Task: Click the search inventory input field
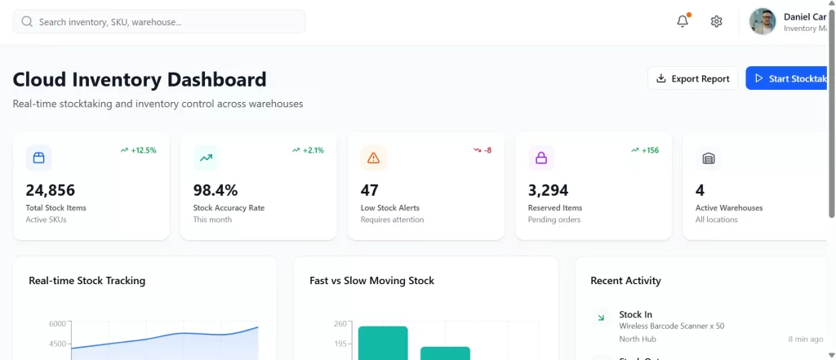tap(159, 22)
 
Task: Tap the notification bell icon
tap(683, 22)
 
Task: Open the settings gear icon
tap(716, 22)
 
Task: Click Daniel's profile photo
tap(763, 22)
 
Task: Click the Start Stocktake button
tap(789, 78)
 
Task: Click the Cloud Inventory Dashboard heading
tap(140, 79)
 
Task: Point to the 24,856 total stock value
tap(51, 190)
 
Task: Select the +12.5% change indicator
tap(138, 150)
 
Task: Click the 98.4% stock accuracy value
tap(216, 190)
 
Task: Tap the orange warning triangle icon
tap(373, 158)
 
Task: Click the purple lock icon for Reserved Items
tap(540, 158)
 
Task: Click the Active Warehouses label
tap(729, 208)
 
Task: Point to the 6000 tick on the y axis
tap(56, 324)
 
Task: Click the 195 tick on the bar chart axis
tap(340, 344)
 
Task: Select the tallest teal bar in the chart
tap(382, 343)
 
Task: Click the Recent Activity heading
tap(625, 281)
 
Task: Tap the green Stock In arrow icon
tap(601, 318)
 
